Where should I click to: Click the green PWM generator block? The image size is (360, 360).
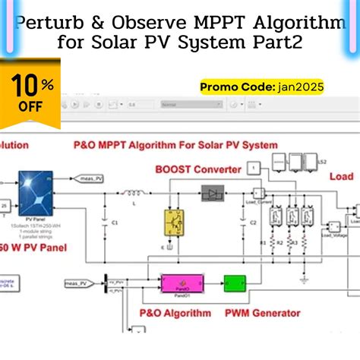coord(235,285)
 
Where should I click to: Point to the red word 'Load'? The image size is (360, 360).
coord(340,176)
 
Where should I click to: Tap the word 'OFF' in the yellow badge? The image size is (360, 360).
coord(30,106)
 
